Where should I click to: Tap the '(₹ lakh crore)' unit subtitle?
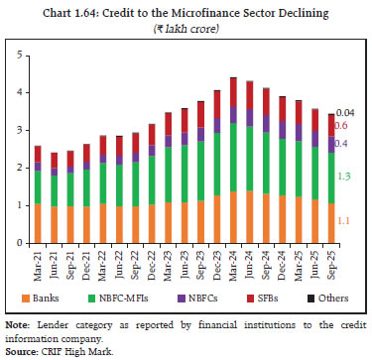click(186, 26)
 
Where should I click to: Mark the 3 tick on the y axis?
click(16, 130)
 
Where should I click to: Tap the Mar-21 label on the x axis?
click(39, 264)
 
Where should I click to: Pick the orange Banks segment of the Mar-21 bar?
click(37, 223)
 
